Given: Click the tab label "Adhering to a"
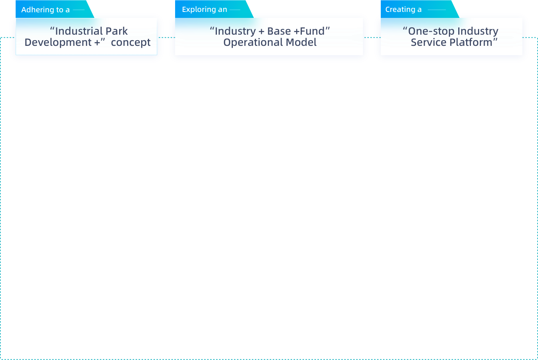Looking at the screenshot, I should point(45,10).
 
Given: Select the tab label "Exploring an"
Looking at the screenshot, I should point(204,9).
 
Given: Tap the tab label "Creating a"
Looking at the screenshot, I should point(403,9).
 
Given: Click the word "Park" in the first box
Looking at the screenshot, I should point(117,31).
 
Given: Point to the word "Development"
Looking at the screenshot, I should point(58,42).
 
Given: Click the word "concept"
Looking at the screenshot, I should point(131,42).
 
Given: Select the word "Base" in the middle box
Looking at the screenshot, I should point(279,31).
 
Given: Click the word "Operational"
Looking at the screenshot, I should point(248,42).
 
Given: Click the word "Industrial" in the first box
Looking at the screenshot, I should point(79,31).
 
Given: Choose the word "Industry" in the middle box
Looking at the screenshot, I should point(235,31).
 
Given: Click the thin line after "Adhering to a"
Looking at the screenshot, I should point(79,10).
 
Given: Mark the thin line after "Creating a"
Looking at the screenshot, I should point(437,10).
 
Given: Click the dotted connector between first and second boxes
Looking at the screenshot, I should point(166,37).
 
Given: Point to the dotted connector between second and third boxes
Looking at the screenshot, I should point(372,37).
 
